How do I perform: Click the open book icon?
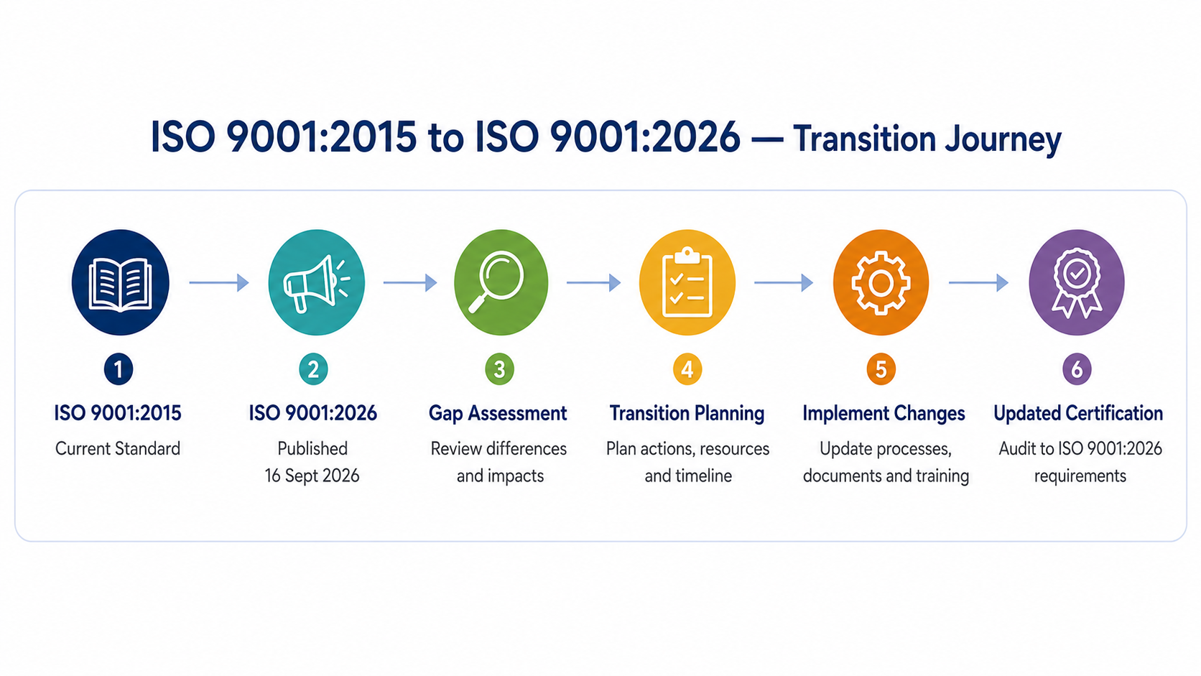120,284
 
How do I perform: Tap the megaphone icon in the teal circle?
316,283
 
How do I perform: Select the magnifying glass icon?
496,282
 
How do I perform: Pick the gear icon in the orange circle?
881,282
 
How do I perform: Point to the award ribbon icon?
1077,282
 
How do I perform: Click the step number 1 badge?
119,369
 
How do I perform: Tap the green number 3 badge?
499,369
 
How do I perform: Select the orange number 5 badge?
881,369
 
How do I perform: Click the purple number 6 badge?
1077,369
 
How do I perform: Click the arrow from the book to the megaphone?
219,282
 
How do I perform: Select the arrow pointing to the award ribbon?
978,282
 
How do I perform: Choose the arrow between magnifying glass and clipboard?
593,282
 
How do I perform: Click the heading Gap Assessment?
498,414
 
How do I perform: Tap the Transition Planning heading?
687,414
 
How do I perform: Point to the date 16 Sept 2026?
312,476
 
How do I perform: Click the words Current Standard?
117,448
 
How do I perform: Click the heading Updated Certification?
1078,413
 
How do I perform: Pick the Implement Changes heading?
884,414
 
